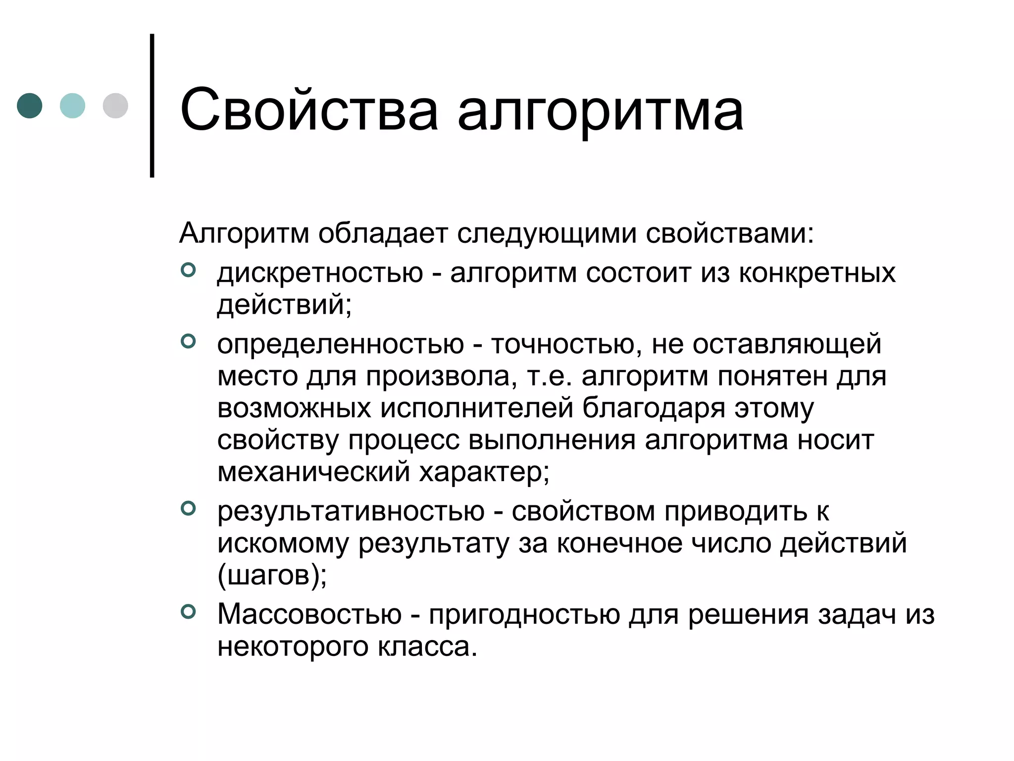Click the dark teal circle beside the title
click(x=30, y=106)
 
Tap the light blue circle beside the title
click(x=72, y=106)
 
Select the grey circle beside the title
click(x=115, y=106)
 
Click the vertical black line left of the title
click(x=152, y=106)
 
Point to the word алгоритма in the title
click(x=600, y=112)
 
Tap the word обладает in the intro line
click(x=383, y=233)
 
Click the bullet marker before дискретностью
click(x=188, y=270)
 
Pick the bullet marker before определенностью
click(x=188, y=341)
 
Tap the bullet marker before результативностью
click(x=188, y=508)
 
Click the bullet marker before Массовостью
click(x=188, y=611)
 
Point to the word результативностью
click(x=351, y=512)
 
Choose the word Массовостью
click(x=309, y=615)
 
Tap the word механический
click(x=313, y=472)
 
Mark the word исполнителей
click(x=476, y=408)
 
